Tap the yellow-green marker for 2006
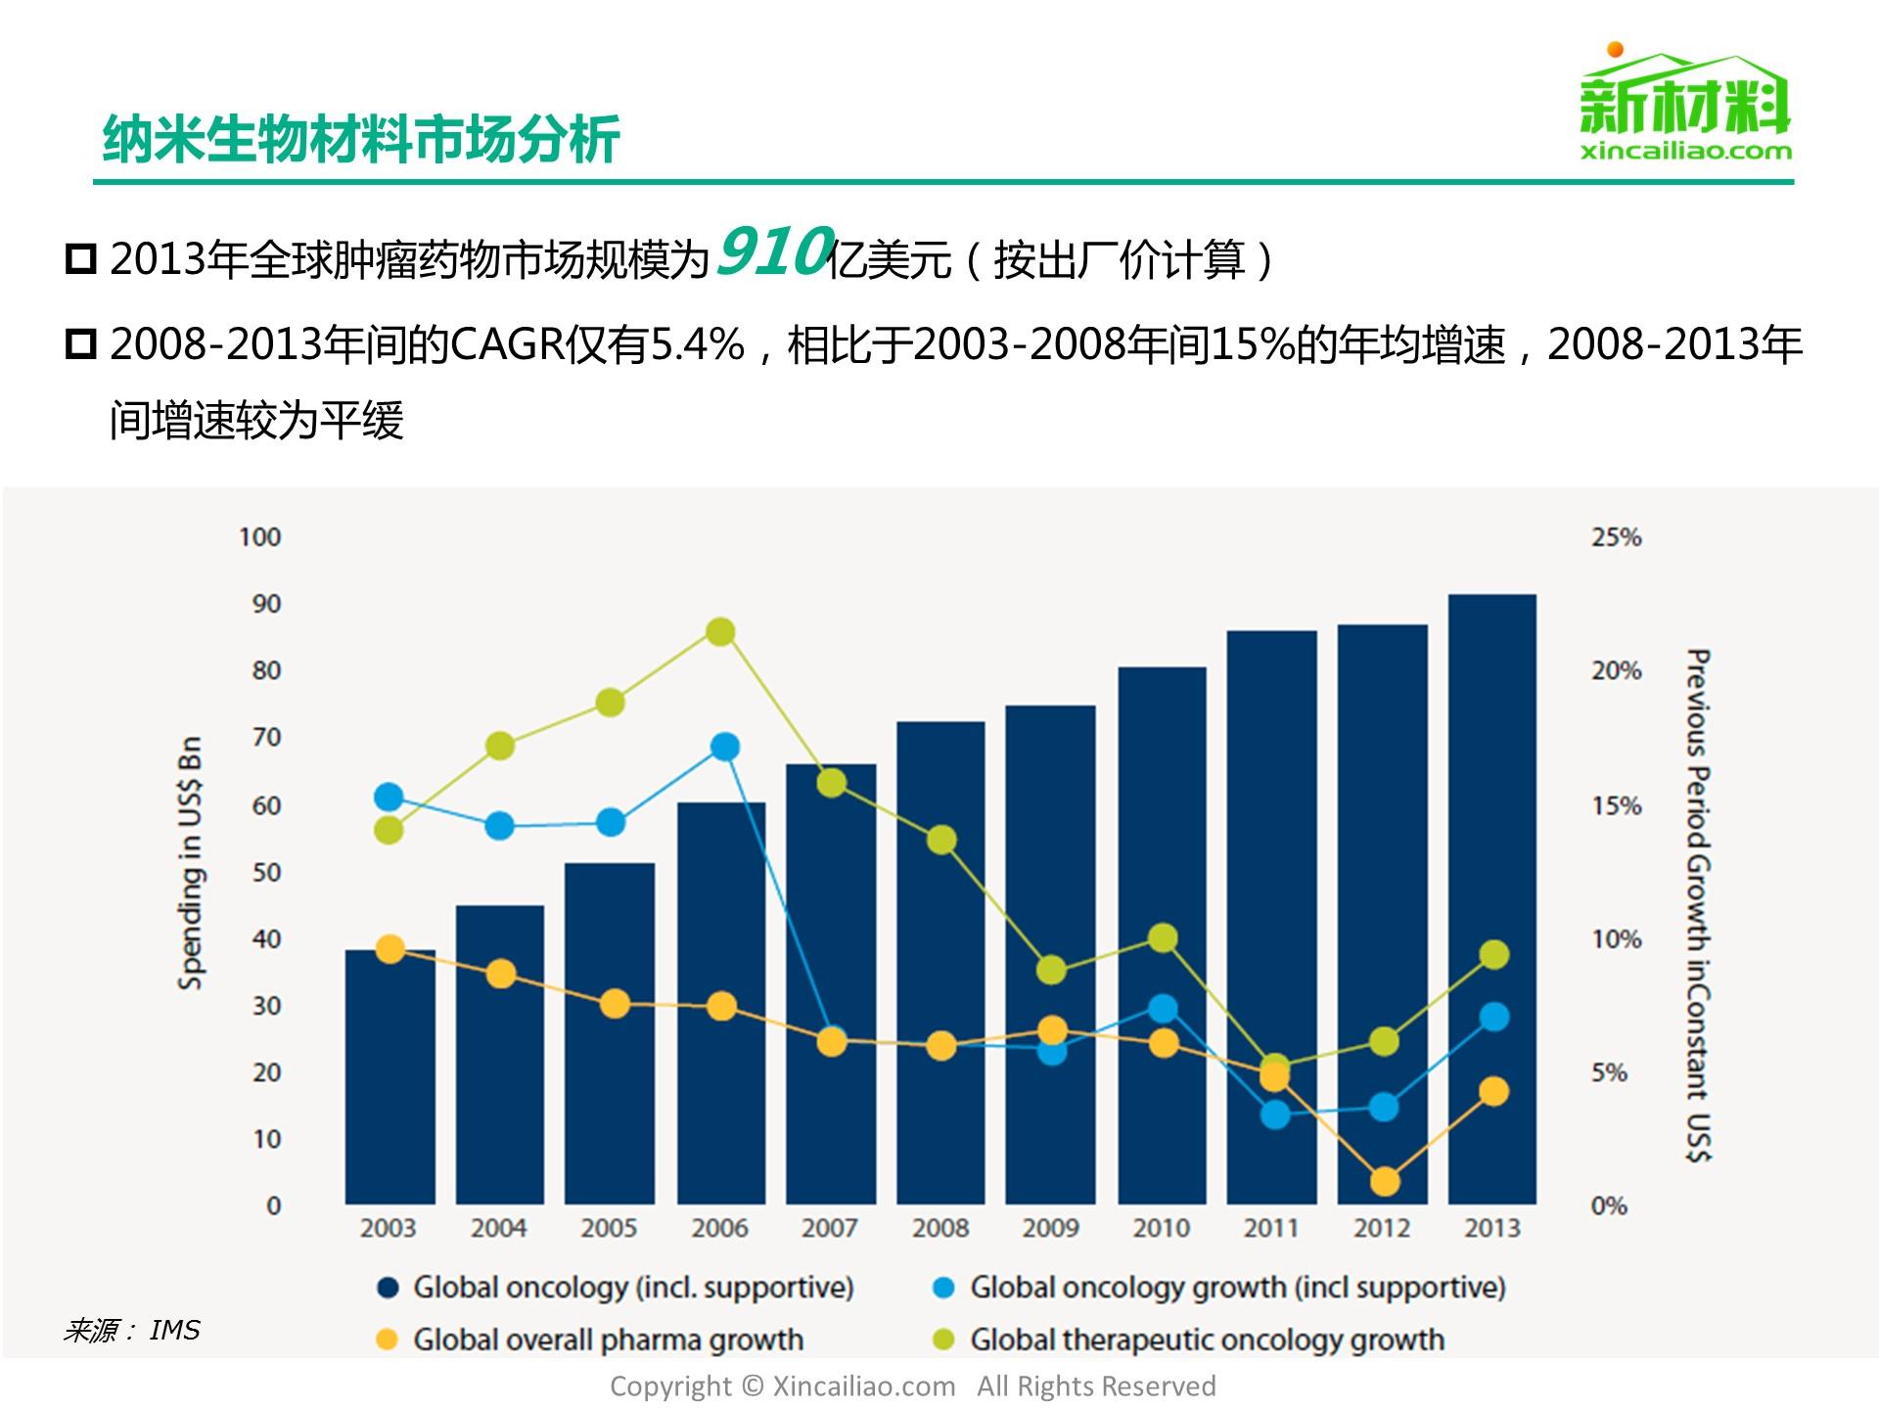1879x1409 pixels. pyautogui.click(x=720, y=632)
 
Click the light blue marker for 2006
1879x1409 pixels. pyautogui.click(x=724, y=748)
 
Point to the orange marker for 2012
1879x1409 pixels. pyautogui.click(x=1384, y=1182)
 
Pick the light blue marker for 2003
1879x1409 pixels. pyautogui.click(x=389, y=797)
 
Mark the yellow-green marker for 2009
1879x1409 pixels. pyautogui.click(x=1051, y=970)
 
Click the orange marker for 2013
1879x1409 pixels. pyautogui.click(x=1493, y=1092)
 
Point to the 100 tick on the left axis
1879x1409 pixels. pyautogui.click(x=259, y=537)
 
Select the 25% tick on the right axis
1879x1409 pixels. pyautogui.click(x=1616, y=537)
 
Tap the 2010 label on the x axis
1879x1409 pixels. pyautogui.click(x=1161, y=1228)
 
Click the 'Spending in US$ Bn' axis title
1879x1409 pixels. pyautogui.click(x=191, y=863)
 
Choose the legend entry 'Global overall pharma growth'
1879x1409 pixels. pyautogui.click(x=607, y=1340)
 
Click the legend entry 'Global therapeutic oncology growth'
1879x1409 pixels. pyautogui.click(x=1206, y=1340)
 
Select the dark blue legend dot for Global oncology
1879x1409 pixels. pyautogui.click(x=389, y=1288)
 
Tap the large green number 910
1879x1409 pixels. pyautogui.click(x=773, y=252)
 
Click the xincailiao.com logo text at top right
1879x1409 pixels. pyautogui.click(x=1685, y=152)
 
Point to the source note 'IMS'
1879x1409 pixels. pyautogui.click(x=174, y=1331)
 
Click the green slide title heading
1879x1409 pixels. pyautogui.click(x=361, y=139)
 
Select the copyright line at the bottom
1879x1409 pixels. pyautogui.click(x=912, y=1386)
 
